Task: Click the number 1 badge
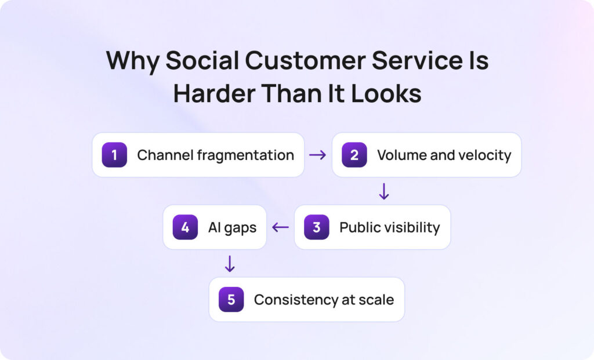(x=114, y=155)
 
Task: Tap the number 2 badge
(x=354, y=155)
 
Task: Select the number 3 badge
(x=316, y=227)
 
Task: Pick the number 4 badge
(x=185, y=227)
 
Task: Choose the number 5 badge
(x=231, y=300)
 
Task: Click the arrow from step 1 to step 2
(x=318, y=155)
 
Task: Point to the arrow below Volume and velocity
(x=383, y=191)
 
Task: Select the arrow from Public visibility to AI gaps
(x=281, y=227)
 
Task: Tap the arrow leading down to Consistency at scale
(x=230, y=264)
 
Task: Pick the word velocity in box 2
(x=486, y=155)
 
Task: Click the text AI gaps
(x=232, y=228)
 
